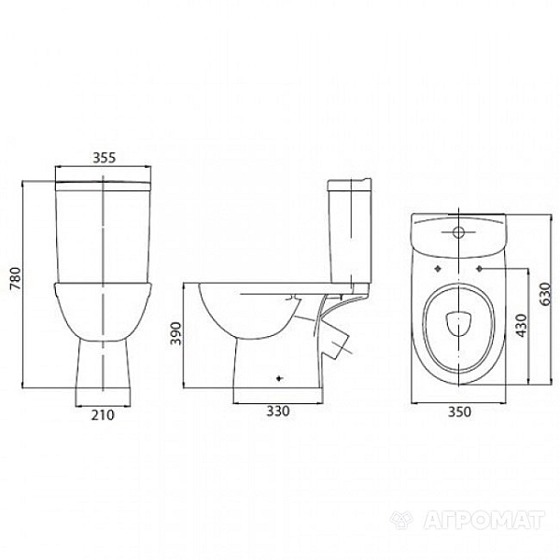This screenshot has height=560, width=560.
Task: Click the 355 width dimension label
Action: (x=105, y=157)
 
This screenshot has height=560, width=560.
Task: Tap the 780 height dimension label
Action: (x=16, y=278)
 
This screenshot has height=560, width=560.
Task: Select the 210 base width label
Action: (x=103, y=415)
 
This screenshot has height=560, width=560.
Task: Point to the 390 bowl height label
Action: (x=175, y=333)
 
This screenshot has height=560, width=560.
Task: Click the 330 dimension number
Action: (x=278, y=411)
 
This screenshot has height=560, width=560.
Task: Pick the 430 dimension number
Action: (x=521, y=326)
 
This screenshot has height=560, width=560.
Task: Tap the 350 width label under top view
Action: (x=459, y=412)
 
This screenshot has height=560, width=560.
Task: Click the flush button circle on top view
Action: (x=458, y=232)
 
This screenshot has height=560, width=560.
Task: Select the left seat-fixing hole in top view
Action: (x=439, y=269)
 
